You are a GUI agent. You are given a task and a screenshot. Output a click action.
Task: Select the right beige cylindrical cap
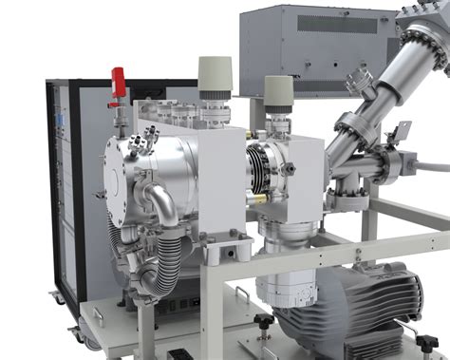278,89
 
